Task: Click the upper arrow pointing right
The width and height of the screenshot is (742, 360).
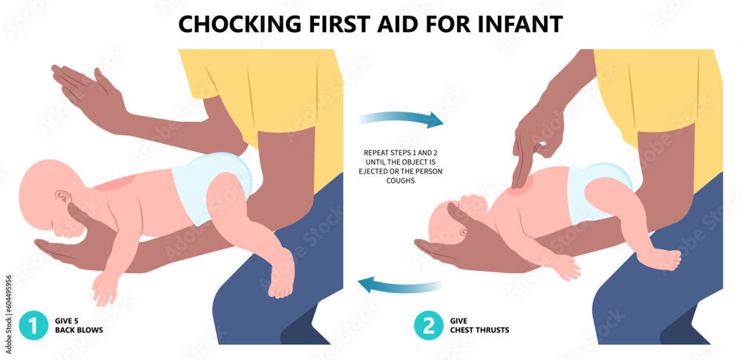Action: point(401,118)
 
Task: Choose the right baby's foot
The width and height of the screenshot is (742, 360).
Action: point(662,259)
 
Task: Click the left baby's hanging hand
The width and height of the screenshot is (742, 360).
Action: point(104,286)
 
